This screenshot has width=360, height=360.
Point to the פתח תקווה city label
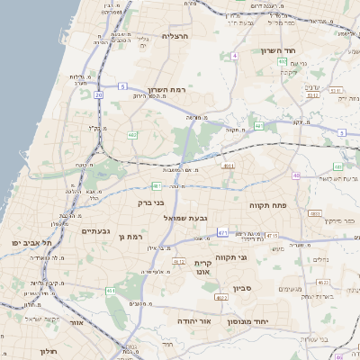coord(268,205)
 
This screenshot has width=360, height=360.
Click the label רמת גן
coord(131,237)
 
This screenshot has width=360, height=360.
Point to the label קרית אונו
coord(202,267)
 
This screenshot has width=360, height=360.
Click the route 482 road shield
coord(133,135)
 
